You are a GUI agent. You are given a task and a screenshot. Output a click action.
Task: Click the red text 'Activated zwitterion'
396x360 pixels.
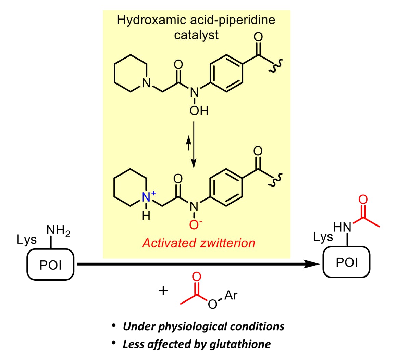[199, 243]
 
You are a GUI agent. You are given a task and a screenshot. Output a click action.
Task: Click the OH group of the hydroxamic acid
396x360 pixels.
[199, 111]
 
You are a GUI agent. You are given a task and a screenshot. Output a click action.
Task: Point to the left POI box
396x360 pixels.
[51, 265]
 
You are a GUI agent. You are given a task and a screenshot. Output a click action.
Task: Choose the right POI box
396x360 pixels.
[346, 262]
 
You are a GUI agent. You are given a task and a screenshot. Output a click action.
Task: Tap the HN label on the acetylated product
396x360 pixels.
[342, 227]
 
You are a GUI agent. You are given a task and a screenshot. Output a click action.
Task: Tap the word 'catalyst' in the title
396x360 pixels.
[196, 35]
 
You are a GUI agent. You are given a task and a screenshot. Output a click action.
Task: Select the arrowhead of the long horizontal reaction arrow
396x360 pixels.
[313, 264]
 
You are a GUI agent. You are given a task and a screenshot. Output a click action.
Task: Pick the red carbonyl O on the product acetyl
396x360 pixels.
[363, 200]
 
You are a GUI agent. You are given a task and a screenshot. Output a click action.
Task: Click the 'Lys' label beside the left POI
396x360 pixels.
[27, 240]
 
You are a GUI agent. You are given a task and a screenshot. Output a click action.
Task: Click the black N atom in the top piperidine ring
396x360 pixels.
[147, 82]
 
